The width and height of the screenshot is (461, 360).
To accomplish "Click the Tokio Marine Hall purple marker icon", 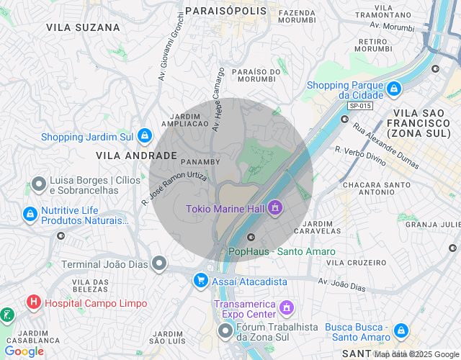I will pos(274,209).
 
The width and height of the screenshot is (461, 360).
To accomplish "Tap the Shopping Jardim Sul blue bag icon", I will pos(145,135).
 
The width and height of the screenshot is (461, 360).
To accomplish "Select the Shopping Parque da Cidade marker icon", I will pos(393,89).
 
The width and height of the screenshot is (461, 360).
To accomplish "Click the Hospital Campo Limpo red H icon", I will pos(33,303).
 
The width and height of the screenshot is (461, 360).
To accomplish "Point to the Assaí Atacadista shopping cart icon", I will pos(200,280).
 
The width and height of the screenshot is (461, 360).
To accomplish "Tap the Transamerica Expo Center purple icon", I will pos(286,308).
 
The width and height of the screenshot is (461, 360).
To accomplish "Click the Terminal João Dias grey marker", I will pos(159,264).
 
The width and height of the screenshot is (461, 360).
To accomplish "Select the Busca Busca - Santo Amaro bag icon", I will pos(400,331).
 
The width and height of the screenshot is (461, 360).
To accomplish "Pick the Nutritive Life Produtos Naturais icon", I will pos(30,214).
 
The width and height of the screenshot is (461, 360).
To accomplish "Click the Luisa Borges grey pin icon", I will pos(38,185).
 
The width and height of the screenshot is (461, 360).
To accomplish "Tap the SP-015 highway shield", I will pos(359,106).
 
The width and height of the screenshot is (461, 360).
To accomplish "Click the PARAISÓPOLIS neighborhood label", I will pos(225,12).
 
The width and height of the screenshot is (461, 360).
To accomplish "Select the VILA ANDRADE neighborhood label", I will pos(136,156).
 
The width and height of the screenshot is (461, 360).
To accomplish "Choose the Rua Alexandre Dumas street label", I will pos(385,145).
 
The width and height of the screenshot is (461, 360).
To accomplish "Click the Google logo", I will pos(24,351).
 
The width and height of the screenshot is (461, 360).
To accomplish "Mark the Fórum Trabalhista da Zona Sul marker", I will pos(225,331).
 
